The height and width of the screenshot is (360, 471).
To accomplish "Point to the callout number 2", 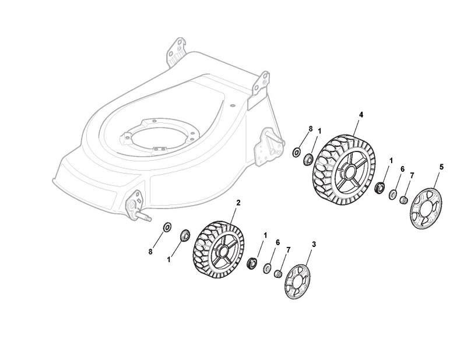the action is pos(238,202).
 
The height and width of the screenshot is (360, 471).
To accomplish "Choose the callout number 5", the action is pos(441,167).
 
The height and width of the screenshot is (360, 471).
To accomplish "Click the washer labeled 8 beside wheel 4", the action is pos(297,153).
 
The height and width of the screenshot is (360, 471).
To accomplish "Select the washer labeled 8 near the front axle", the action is pos(166,226).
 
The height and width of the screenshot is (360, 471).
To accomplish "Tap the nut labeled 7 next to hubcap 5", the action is pos(403,200).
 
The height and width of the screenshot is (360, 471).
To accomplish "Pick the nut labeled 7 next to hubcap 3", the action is pos(279,273).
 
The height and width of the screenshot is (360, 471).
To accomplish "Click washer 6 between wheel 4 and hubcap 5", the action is pos(393,194).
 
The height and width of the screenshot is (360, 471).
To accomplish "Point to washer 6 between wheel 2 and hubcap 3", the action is pos(268,268).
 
